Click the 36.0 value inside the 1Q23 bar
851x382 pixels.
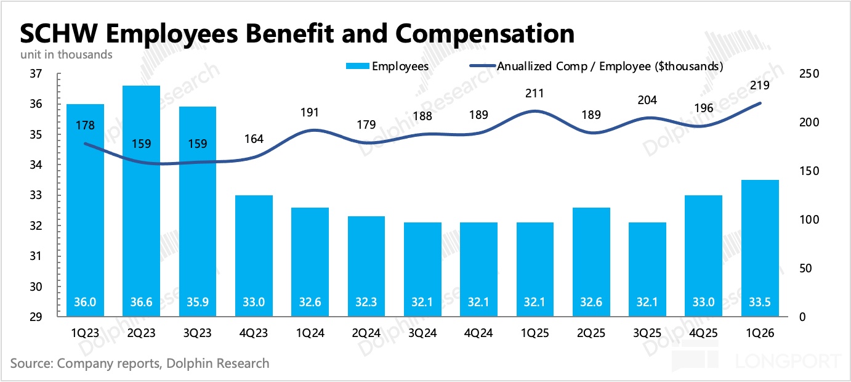85,303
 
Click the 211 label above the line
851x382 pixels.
534,94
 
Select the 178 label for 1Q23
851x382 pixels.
85,126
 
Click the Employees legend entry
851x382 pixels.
387,66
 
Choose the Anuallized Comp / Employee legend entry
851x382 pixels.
595,66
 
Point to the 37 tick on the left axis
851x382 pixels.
35,74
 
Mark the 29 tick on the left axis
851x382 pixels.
35,317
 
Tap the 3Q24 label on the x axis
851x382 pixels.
424,333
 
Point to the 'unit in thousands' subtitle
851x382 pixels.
66,54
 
